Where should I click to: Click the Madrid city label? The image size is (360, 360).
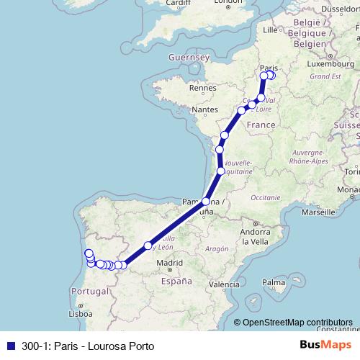(169, 264)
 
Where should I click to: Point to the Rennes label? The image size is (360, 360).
(202, 89)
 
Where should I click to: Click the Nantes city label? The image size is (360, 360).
(204, 109)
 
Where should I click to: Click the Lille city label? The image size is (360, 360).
(271, 30)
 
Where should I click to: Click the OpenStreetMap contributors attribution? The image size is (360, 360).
(297, 322)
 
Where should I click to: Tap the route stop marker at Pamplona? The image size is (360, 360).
(206, 202)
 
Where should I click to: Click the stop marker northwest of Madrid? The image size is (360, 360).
(148, 246)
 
